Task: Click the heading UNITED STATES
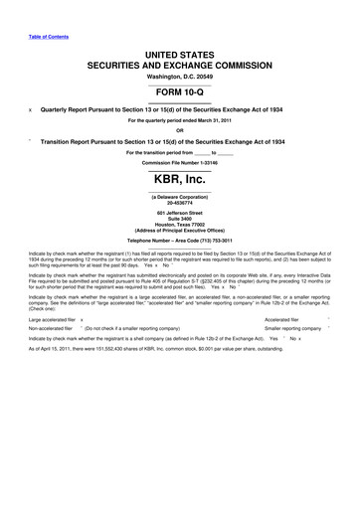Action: click(179, 50)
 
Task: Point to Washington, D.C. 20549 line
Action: click(179, 75)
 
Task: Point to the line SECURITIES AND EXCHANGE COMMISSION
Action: click(179, 62)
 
